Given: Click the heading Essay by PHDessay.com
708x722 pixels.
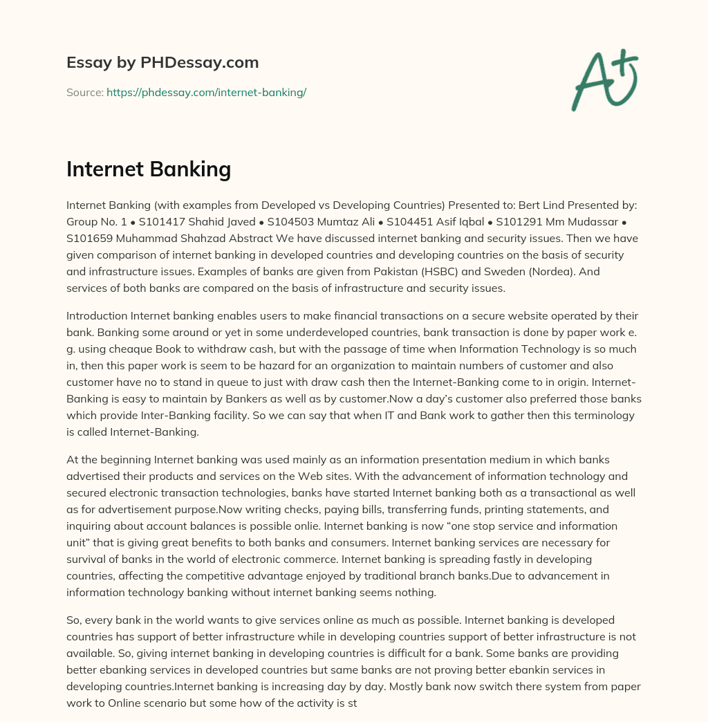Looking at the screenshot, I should tap(162, 63).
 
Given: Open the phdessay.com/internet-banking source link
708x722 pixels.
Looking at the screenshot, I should tap(206, 92).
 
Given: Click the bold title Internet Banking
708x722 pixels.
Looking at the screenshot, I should tap(149, 169).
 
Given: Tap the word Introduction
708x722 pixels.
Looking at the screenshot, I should tap(96, 316).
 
